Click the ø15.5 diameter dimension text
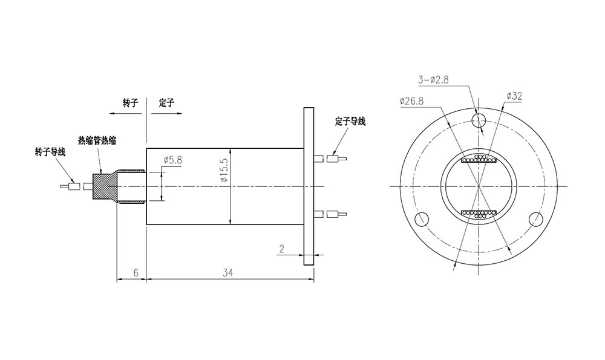223,171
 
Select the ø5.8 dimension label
172,160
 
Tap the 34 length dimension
227,273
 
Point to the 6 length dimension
136,273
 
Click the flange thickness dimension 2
282,248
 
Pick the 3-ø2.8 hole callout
433,79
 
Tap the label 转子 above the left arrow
131,103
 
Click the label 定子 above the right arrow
166,103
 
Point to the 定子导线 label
350,122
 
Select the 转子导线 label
50,151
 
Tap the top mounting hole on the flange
479,119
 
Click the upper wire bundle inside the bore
479,160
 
